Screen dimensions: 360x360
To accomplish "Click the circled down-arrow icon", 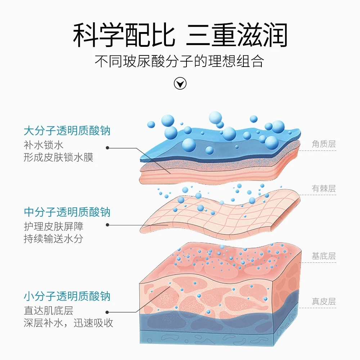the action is [180, 84].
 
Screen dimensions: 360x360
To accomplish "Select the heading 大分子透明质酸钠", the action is [67, 130].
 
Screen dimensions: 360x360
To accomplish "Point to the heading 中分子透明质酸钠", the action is [67, 212].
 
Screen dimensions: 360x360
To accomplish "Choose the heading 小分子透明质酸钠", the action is [67, 297].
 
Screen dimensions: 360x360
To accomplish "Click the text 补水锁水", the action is [44, 145].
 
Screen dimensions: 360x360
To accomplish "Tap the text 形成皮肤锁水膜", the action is [58, 157].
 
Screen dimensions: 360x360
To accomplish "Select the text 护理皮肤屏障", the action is [54, 226].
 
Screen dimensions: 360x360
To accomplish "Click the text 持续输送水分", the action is [54, 239].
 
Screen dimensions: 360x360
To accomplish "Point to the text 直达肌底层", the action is [49, 310].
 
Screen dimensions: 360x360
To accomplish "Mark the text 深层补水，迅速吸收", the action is [68, 323].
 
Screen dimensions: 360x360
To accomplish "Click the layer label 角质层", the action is [324, 144].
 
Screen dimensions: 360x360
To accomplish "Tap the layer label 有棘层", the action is [324, 189].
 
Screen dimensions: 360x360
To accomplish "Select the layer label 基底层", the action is [324, 256].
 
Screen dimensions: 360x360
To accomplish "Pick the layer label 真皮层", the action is [324, 301].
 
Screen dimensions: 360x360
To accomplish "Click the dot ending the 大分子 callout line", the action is [108, 148].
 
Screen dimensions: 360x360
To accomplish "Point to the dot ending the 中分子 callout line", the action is [108, 225].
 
